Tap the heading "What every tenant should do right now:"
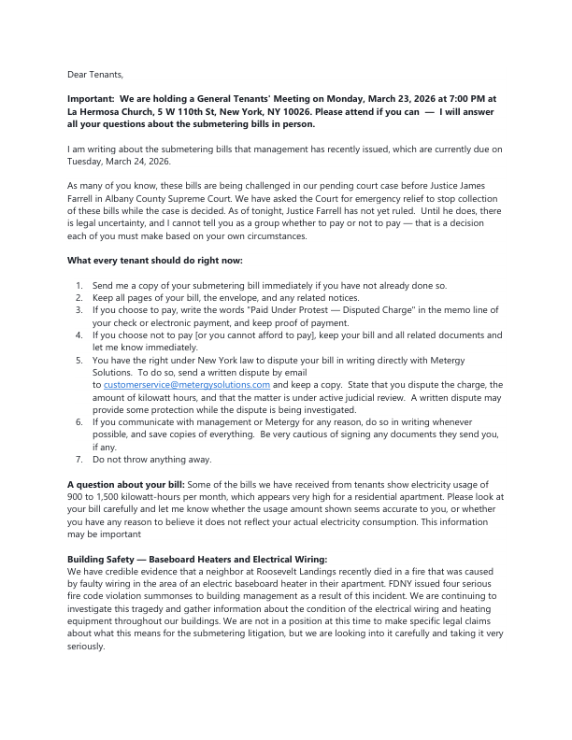click(x=154, y=260)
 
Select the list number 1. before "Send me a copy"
click(x=79, y=284)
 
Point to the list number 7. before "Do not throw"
click(x=79, y=459)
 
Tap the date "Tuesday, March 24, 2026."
click(x=107, y=161)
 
